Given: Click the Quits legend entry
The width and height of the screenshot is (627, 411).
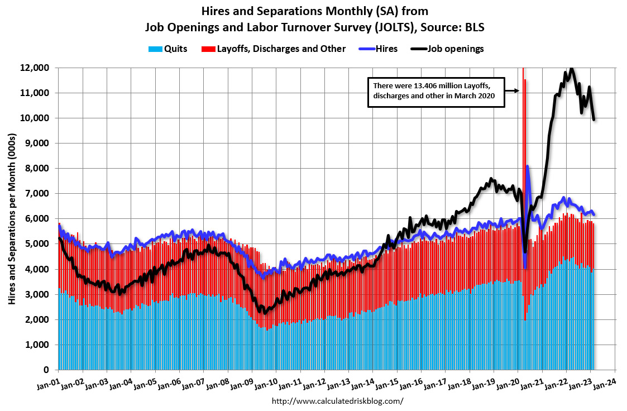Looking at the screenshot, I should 167,49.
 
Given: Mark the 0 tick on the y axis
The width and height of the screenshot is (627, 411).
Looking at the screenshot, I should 47,370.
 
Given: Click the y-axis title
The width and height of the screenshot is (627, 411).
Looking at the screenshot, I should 12,219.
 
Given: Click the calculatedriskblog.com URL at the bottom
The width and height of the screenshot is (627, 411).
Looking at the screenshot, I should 337,401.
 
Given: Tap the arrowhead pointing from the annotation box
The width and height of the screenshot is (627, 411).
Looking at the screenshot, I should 518,89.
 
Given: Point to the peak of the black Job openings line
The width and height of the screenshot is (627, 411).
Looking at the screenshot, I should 571,69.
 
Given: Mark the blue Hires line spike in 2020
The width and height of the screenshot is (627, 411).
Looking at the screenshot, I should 528,166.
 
